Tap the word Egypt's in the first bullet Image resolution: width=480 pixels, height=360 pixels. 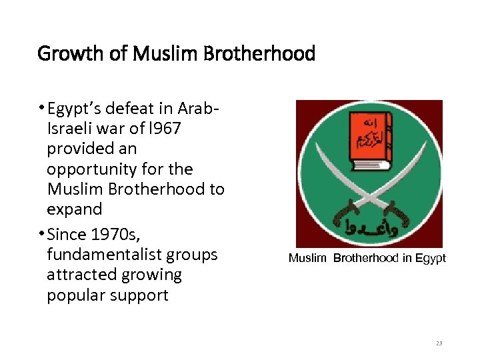(x=76, y=109)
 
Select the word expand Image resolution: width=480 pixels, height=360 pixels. (x=74, y=209)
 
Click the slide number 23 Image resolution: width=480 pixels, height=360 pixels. (x=439, y=343)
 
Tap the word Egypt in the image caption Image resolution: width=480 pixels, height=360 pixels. (x=431, y=258)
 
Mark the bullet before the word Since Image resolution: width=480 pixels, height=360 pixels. (x=41, y=235)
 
